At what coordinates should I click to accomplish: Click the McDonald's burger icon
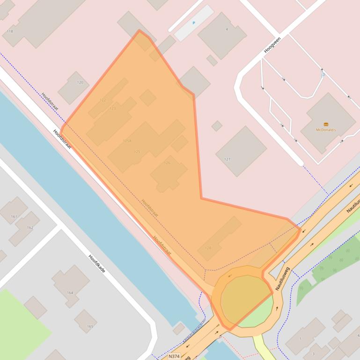326,124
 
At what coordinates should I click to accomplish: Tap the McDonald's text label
326,130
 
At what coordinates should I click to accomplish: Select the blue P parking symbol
193,23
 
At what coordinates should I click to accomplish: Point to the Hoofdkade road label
97,264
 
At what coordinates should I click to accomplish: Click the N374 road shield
174,356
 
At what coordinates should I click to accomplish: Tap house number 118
10,31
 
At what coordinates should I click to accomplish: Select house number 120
80,83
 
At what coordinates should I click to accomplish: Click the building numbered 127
227,159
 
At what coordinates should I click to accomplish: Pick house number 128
208,248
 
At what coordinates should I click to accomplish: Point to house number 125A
127,140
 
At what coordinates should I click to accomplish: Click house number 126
167,163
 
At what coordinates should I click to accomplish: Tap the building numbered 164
70,293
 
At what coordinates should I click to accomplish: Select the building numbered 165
90,326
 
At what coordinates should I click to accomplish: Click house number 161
14,216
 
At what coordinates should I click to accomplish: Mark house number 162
30,228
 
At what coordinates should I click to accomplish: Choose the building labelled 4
227,29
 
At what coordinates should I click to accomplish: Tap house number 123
112,108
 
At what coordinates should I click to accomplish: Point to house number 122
103,100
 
